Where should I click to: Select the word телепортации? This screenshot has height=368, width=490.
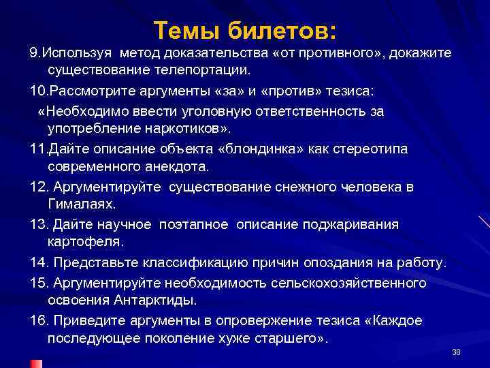point(204,70)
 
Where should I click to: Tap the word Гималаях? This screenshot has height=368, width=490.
point(81,204)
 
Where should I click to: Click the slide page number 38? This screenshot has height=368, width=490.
point(456,352)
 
